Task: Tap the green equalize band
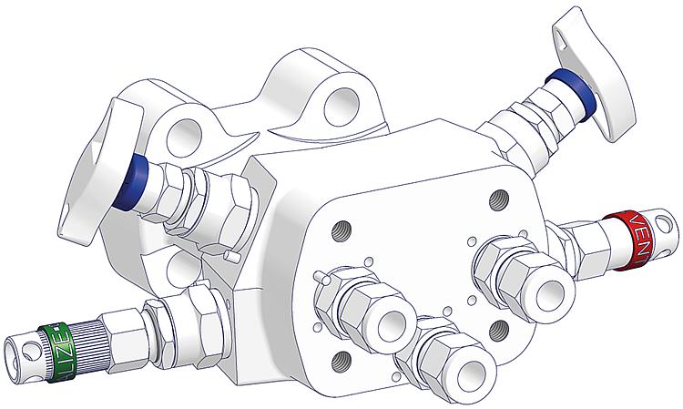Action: [57, 339]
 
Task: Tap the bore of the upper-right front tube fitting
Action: [556, 292]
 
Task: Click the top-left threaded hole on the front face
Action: [342, 227]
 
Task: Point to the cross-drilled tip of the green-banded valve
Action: [20, 347]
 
